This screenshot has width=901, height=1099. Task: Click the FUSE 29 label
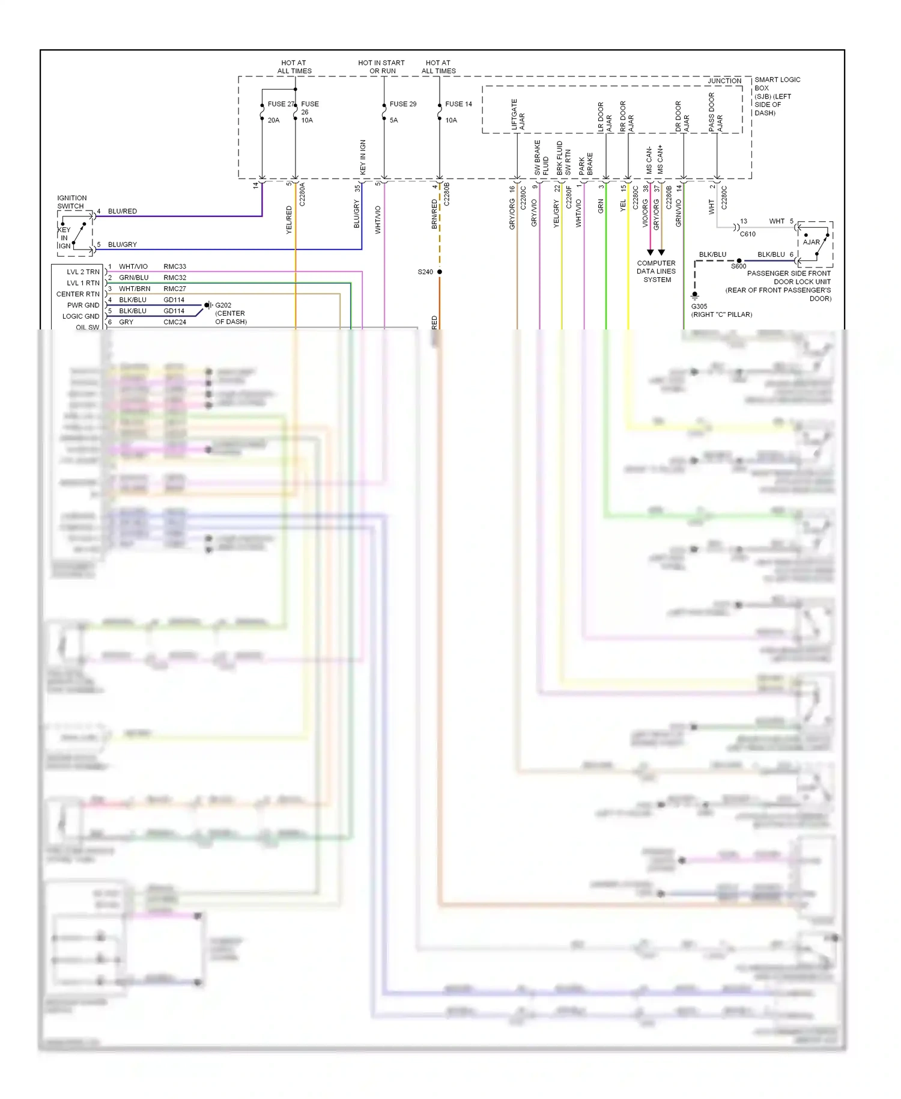point(402,104)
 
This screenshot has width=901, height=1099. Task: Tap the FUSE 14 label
point(458,104)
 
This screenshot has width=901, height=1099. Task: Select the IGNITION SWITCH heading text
point(71,202)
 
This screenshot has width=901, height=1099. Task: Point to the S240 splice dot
point(440,272)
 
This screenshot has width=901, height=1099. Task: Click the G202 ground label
point(223,305)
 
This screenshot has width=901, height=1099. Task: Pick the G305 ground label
point(699,306)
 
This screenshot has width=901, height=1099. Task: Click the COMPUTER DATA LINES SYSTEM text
point(656,271)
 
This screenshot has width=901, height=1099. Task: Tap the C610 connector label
point(747,234)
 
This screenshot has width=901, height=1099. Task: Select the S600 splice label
point(738,266)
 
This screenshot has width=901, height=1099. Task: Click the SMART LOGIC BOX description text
point(777,96)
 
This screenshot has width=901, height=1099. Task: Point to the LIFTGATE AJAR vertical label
point(518,114)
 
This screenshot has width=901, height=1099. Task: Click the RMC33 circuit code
point(175,266)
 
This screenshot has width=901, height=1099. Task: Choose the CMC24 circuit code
point(175,322)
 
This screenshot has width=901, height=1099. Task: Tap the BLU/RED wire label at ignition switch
point(123,211)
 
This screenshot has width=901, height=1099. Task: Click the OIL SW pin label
point(87,327)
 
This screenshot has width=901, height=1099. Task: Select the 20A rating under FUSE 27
point(273,120)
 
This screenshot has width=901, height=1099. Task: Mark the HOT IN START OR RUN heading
point(381,67)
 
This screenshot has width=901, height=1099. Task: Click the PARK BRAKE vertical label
point(586,164)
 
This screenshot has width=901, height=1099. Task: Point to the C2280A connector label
point(302,195)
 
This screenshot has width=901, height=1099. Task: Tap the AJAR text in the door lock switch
point(811,242)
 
